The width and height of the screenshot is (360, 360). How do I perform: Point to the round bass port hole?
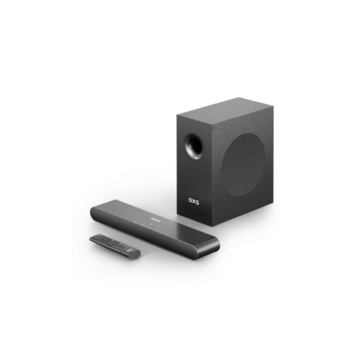click(x=191, y=146)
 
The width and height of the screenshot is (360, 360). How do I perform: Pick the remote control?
click(x=115, y=244)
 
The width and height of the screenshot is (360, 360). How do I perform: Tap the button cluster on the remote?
click(x=108, y=241)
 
